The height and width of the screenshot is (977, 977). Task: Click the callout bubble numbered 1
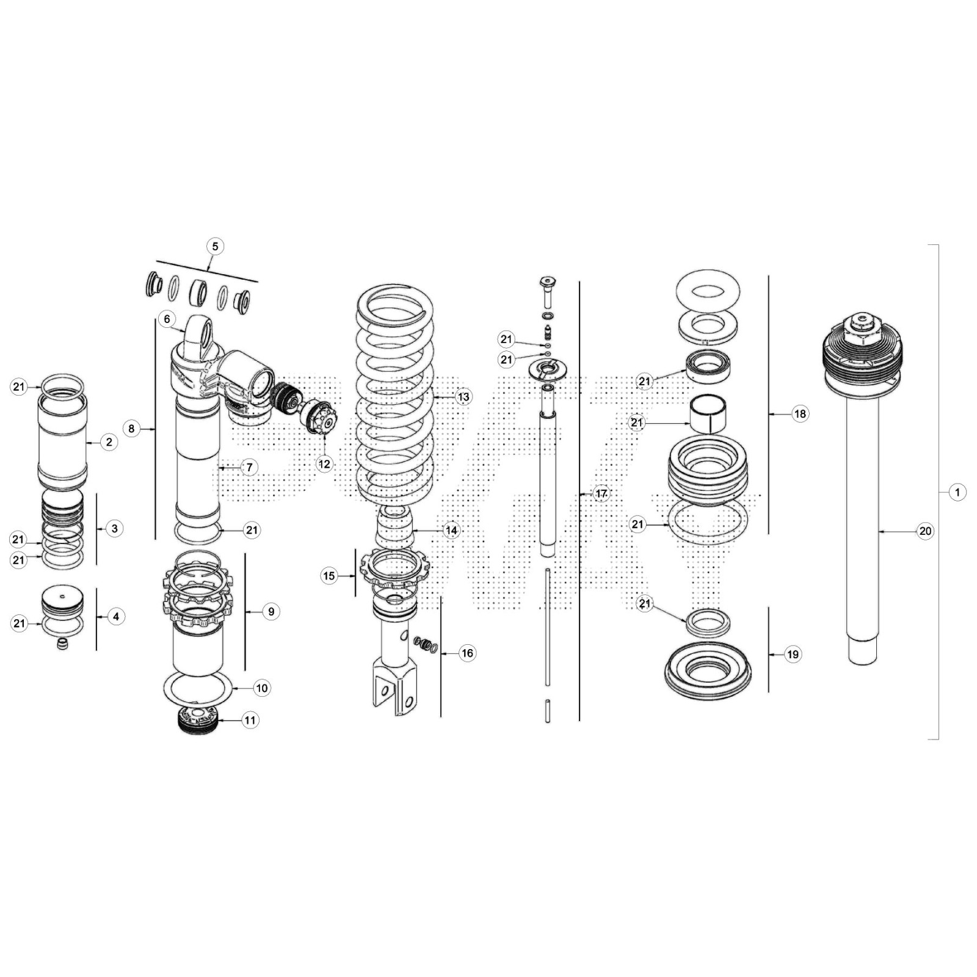point(957,492)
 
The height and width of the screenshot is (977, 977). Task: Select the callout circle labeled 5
point(215,247)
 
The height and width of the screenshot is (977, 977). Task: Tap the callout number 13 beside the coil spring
point(463,397)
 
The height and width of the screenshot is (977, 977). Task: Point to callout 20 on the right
point(925,531)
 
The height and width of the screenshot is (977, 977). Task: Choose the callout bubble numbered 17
point(601,493)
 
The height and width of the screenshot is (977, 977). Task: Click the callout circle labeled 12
point(324,464)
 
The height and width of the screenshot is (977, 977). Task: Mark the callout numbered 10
point(261,688)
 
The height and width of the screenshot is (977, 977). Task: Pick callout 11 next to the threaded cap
point(250,721)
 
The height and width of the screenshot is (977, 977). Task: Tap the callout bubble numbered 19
point(793,655)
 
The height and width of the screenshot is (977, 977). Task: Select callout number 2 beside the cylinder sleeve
point(109,442)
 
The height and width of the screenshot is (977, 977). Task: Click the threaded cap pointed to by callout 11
point(197,721)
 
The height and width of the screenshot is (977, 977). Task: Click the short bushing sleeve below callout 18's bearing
point(708,413)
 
